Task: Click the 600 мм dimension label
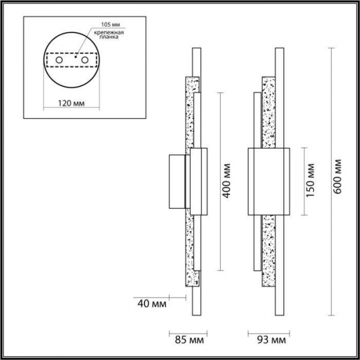(x=337, y=176)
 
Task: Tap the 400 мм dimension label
(x=227, y=181)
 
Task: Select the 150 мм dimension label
(x=310, y=180)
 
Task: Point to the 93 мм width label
(x=271, y=340)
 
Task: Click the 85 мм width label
(x=189, y=340)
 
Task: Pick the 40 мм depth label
(x=152, y=304)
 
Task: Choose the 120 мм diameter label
(x=71, y=103)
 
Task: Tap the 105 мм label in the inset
(x=110, y=25)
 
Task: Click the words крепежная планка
(x=109, y=34)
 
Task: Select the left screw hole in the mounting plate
(x=59, y=60)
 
